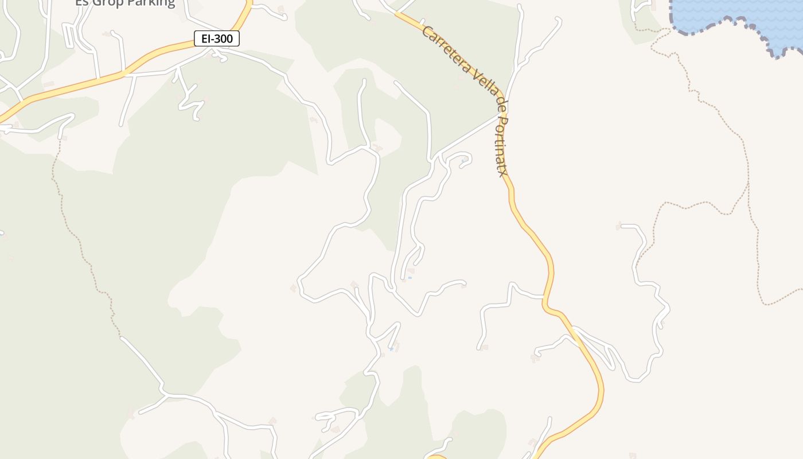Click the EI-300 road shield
pyautogui.click(x=216, y=38)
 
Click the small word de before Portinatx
pyautogui.click(x=500, y=107)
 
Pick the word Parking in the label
pyautogui.click(x=153, y=3)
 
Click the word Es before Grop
pyautogui.click(x=82, y=3)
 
